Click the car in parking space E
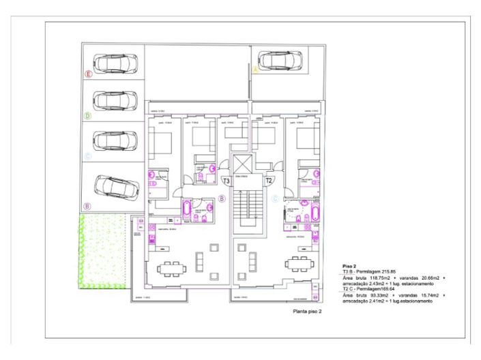pyautogui.click(x=115, y=63)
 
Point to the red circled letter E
pyautogui.click(x=87, y=73)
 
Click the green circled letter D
pyautogui.click(x=87, y=116)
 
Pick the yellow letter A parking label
pyautogui.click(x=255, y=70)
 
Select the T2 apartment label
pyautogui.click(x=269, y=181)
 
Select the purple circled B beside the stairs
pyautogui.click(x=222, y=198)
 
